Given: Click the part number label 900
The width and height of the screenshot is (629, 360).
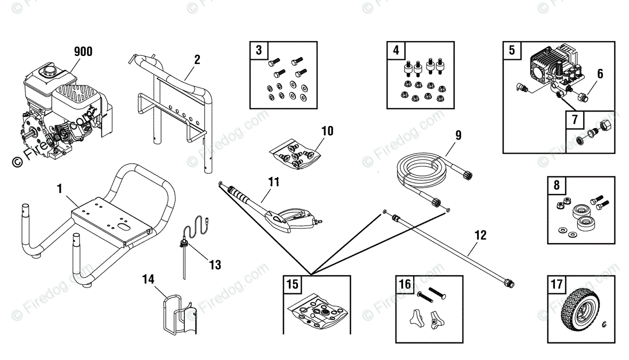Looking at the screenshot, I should pos(83,51).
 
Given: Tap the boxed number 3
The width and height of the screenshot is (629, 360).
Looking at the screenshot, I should pos(259,51).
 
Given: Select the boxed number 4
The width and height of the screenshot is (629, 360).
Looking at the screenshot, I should pos(396,51).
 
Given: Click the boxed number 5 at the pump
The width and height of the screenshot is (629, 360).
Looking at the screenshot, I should pos(512,51).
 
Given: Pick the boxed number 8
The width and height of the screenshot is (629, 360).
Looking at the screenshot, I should pos(557,186).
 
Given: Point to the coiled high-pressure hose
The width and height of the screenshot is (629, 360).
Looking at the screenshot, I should pos(421,170).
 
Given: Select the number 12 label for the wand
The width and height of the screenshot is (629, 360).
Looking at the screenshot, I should pos(480,234).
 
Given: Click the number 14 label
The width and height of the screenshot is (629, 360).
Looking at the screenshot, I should pos(149,278).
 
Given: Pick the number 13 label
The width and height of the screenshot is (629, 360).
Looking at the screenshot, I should pos(215,265).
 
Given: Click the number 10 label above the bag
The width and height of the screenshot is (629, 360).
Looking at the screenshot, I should pos(327,130).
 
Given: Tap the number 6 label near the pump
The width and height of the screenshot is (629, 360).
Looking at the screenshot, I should pos(600,74).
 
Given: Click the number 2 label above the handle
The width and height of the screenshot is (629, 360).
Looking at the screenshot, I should pos(197,59).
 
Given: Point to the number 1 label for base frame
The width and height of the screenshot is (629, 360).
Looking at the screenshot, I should pos(60,188).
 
